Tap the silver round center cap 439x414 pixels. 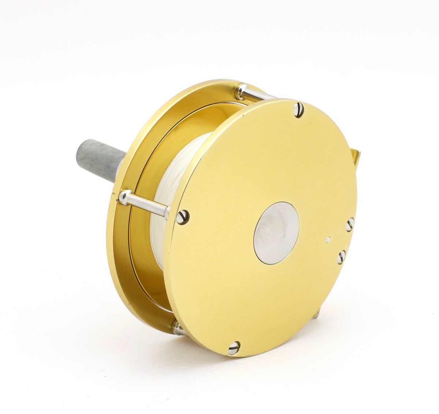276,233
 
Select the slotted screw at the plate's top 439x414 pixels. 299,110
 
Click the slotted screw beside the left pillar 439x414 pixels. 182,217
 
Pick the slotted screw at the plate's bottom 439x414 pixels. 234,348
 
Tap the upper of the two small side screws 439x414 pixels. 350,224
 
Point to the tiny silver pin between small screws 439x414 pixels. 328,240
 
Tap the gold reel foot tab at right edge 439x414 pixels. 356,155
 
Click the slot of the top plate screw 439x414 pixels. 299,110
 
